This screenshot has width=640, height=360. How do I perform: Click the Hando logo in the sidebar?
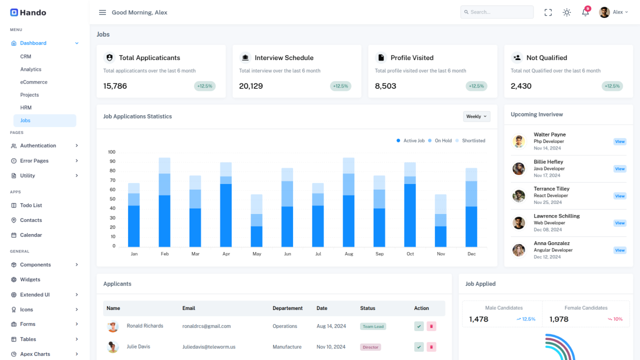[x=28, y=12]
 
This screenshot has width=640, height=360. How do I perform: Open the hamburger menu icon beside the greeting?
[x=102, y=12]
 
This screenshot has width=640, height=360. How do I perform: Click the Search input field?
[x=497, y=12]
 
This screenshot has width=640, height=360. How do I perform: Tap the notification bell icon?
[x=585, y=12]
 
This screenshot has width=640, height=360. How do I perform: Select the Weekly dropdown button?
[x=476, y=116]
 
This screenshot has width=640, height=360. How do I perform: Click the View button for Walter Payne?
[x=619, y=141]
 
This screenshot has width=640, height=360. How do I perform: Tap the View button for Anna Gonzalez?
[x=619, y=250]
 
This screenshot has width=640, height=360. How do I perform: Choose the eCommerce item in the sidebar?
[x=33, y=82]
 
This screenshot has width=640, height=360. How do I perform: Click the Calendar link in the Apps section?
[x=30, y=235]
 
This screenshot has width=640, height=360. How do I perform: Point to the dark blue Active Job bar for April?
[x=226, y=215]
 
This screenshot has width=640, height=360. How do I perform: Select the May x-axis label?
[x=256, y=254]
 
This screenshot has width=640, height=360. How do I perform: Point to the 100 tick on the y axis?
[x=111, y=152]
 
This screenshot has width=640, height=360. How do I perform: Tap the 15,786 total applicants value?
[x=115, y=86]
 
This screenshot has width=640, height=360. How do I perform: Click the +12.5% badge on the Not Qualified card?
[x=612, y=86]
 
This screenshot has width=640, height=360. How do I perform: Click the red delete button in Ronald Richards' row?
[x=431, y=326]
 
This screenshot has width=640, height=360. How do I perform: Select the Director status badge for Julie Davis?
[x=370, y=347]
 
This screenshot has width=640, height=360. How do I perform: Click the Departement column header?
[x=288, y=308]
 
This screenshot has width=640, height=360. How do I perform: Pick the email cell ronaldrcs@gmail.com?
[x=206, y=326]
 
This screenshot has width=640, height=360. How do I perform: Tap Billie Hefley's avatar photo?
[x=518, y=168]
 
